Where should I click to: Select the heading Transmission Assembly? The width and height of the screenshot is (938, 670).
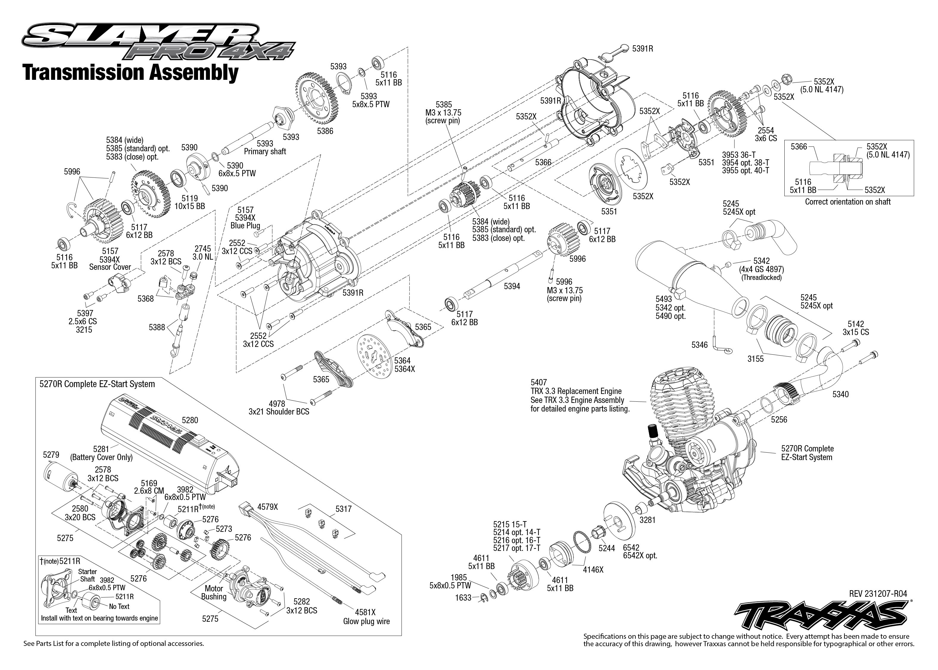[131, 73]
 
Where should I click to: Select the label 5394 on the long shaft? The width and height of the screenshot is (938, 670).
[512, 286]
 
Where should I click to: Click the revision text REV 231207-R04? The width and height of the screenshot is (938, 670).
[878, 594]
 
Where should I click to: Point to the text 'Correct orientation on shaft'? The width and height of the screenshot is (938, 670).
[848, 202]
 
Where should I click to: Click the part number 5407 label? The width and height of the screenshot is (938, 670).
[539, 382]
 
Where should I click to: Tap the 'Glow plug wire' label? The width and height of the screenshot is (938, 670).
[366, 621]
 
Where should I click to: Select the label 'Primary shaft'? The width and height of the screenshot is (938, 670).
[265, 151]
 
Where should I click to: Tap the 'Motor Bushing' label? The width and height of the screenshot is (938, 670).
[214, 593]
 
